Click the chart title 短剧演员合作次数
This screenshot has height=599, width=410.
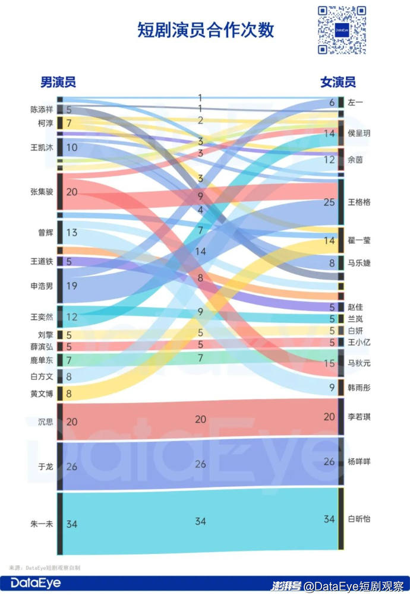[x=206, y=30]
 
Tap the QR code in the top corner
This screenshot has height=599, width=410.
[x=341, y=30]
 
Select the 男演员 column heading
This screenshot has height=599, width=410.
[x=58, y=83]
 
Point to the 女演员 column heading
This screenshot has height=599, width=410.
[x=338, y=83]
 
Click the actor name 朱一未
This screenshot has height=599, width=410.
[x=42, y=524]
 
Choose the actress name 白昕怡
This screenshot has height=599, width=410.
[x=359, y=519]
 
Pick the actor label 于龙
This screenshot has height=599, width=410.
[x=46, y=467]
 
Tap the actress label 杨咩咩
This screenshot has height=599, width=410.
[x=359, y=461]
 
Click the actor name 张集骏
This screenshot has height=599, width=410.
[x=42, y=192]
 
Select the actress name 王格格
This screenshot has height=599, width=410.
[x=359, y=202]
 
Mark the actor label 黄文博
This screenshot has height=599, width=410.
[x=42, y=393]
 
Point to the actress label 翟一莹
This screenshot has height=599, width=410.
[x=359, y=240]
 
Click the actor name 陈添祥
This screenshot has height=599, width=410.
[x=42, y=109]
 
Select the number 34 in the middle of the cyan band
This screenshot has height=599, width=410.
[x=200, y=521]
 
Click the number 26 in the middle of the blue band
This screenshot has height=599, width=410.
[x=200, y=464]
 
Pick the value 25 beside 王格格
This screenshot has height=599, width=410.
[x=329, y=202]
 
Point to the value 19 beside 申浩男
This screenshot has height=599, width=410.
[x=72, y=286]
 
